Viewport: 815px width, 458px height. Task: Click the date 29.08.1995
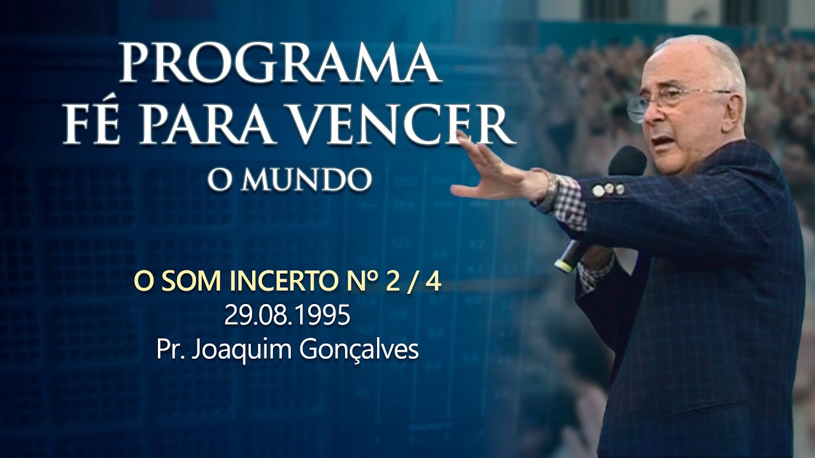pyautogui.click(x=287, y=316)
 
